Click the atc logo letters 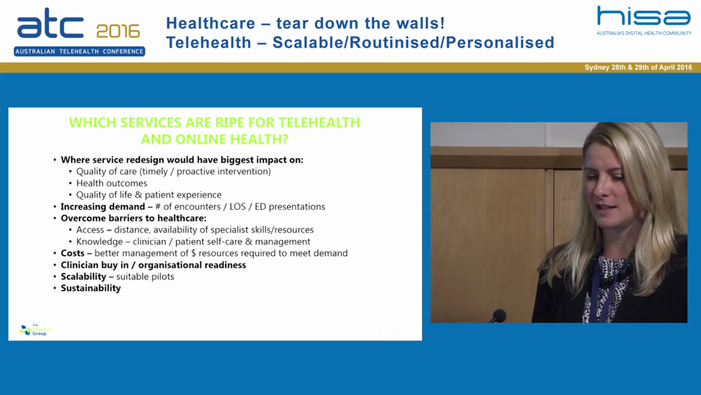click(x=50, y=25)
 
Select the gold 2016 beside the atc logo click(x=118, y=31)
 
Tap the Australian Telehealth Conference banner click(x=79, y=52)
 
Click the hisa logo click(x=643, y=17)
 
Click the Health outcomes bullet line click(x=112, y=183)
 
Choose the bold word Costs click(x=72, y=253)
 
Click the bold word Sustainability click(x=90, y=288)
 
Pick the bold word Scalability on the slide click(x=83, y=276)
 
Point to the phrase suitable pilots click(x=145, y=276)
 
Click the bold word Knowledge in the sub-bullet click(x=100, y=241)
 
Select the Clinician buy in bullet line click(x=153, y=265)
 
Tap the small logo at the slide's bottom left click(x=35, y=330)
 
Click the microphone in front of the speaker click(x=498, y=315)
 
